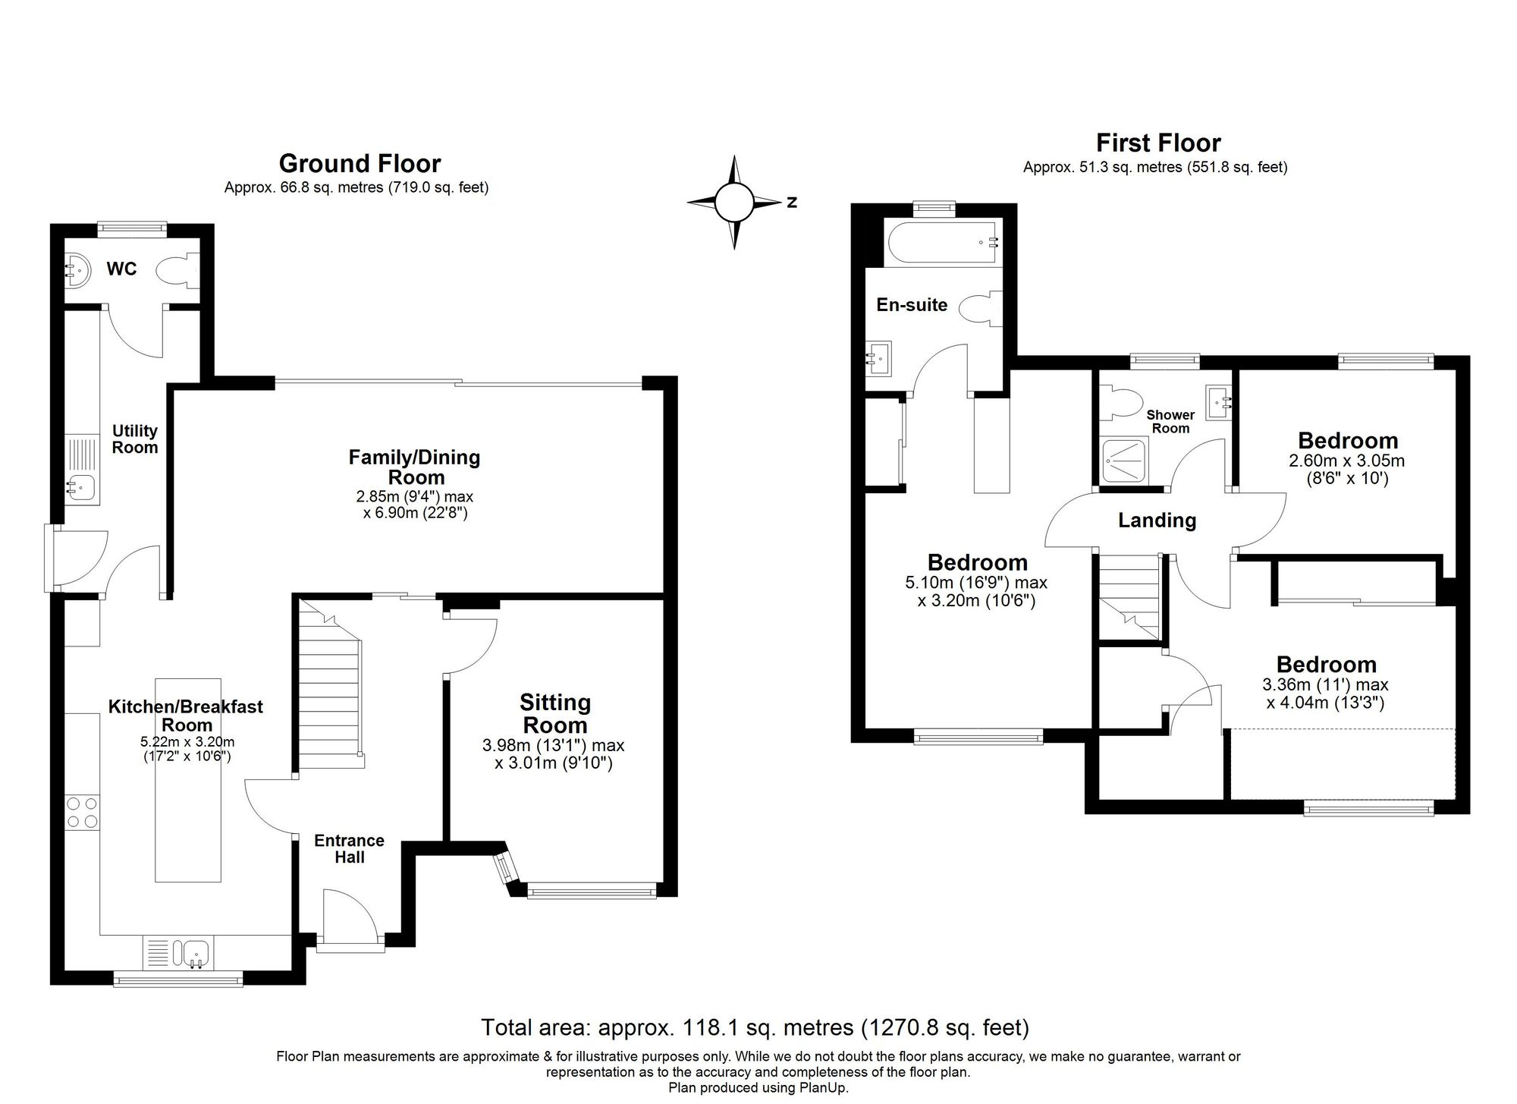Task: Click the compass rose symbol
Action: click(x=733, y=203)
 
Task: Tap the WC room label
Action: click(x=121, y=269)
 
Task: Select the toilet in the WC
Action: click(x=176, y=270)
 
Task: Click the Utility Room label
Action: click(x=135, y=439)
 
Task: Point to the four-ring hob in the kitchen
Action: click(x=82, y=812)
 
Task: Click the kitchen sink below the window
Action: click(x=195, y=951)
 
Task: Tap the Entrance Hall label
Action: click(x=349, y=848)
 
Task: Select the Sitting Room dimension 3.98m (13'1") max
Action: click(x=553, y=745)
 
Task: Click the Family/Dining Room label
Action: click(x=414, y=467)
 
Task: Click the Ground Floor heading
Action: click(x=360, y=163)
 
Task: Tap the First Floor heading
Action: click(x=1158, y=143)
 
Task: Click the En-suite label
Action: click(x=912, y=305)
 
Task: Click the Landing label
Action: click(x=1157, y=521)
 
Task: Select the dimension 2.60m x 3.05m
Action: click(x=1347, y=461)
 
